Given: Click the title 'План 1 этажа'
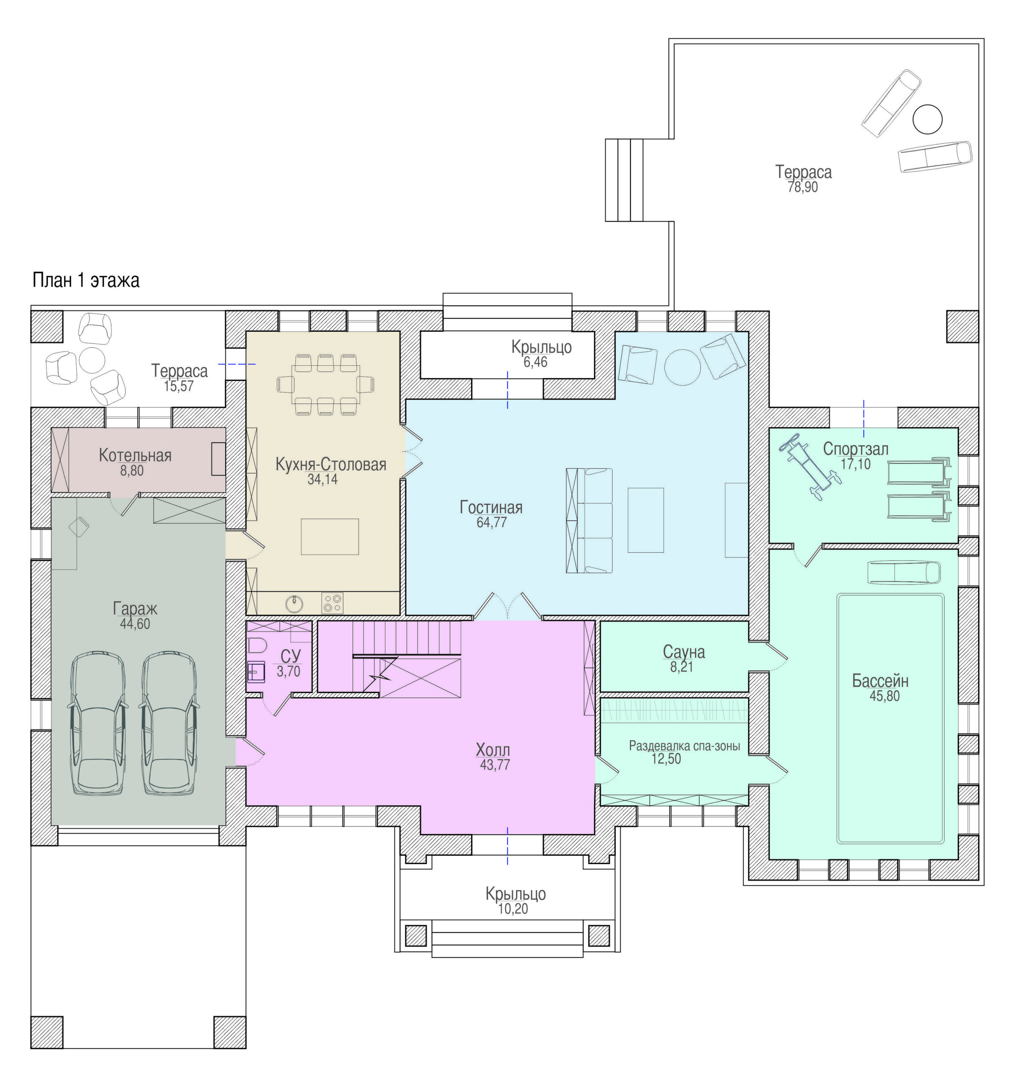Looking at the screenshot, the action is coord(86,280).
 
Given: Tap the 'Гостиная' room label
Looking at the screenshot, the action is coord(491,507).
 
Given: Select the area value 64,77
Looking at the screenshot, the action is coord(491,522).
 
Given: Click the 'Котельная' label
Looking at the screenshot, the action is coord(135,455).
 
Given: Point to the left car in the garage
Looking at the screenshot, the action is coord(97,723).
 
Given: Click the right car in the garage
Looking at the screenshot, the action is coord(168,723).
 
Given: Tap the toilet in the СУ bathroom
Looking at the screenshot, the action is coord(257,645).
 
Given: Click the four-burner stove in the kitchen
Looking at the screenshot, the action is coord(332,603).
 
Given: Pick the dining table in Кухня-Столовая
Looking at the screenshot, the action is coord(326,384).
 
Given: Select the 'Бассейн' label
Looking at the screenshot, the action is coord(880,681).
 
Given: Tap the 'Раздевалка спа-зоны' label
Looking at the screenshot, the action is coord(684,746).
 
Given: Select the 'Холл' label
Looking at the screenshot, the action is coord(493,749).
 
